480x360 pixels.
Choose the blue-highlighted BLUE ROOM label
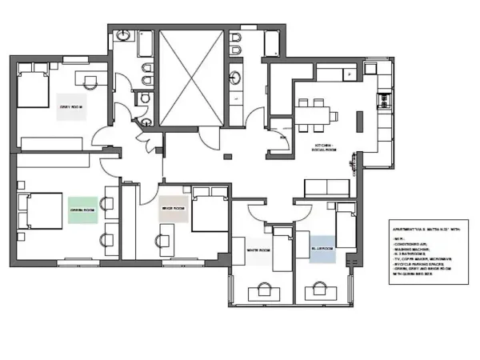pos(322,249)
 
